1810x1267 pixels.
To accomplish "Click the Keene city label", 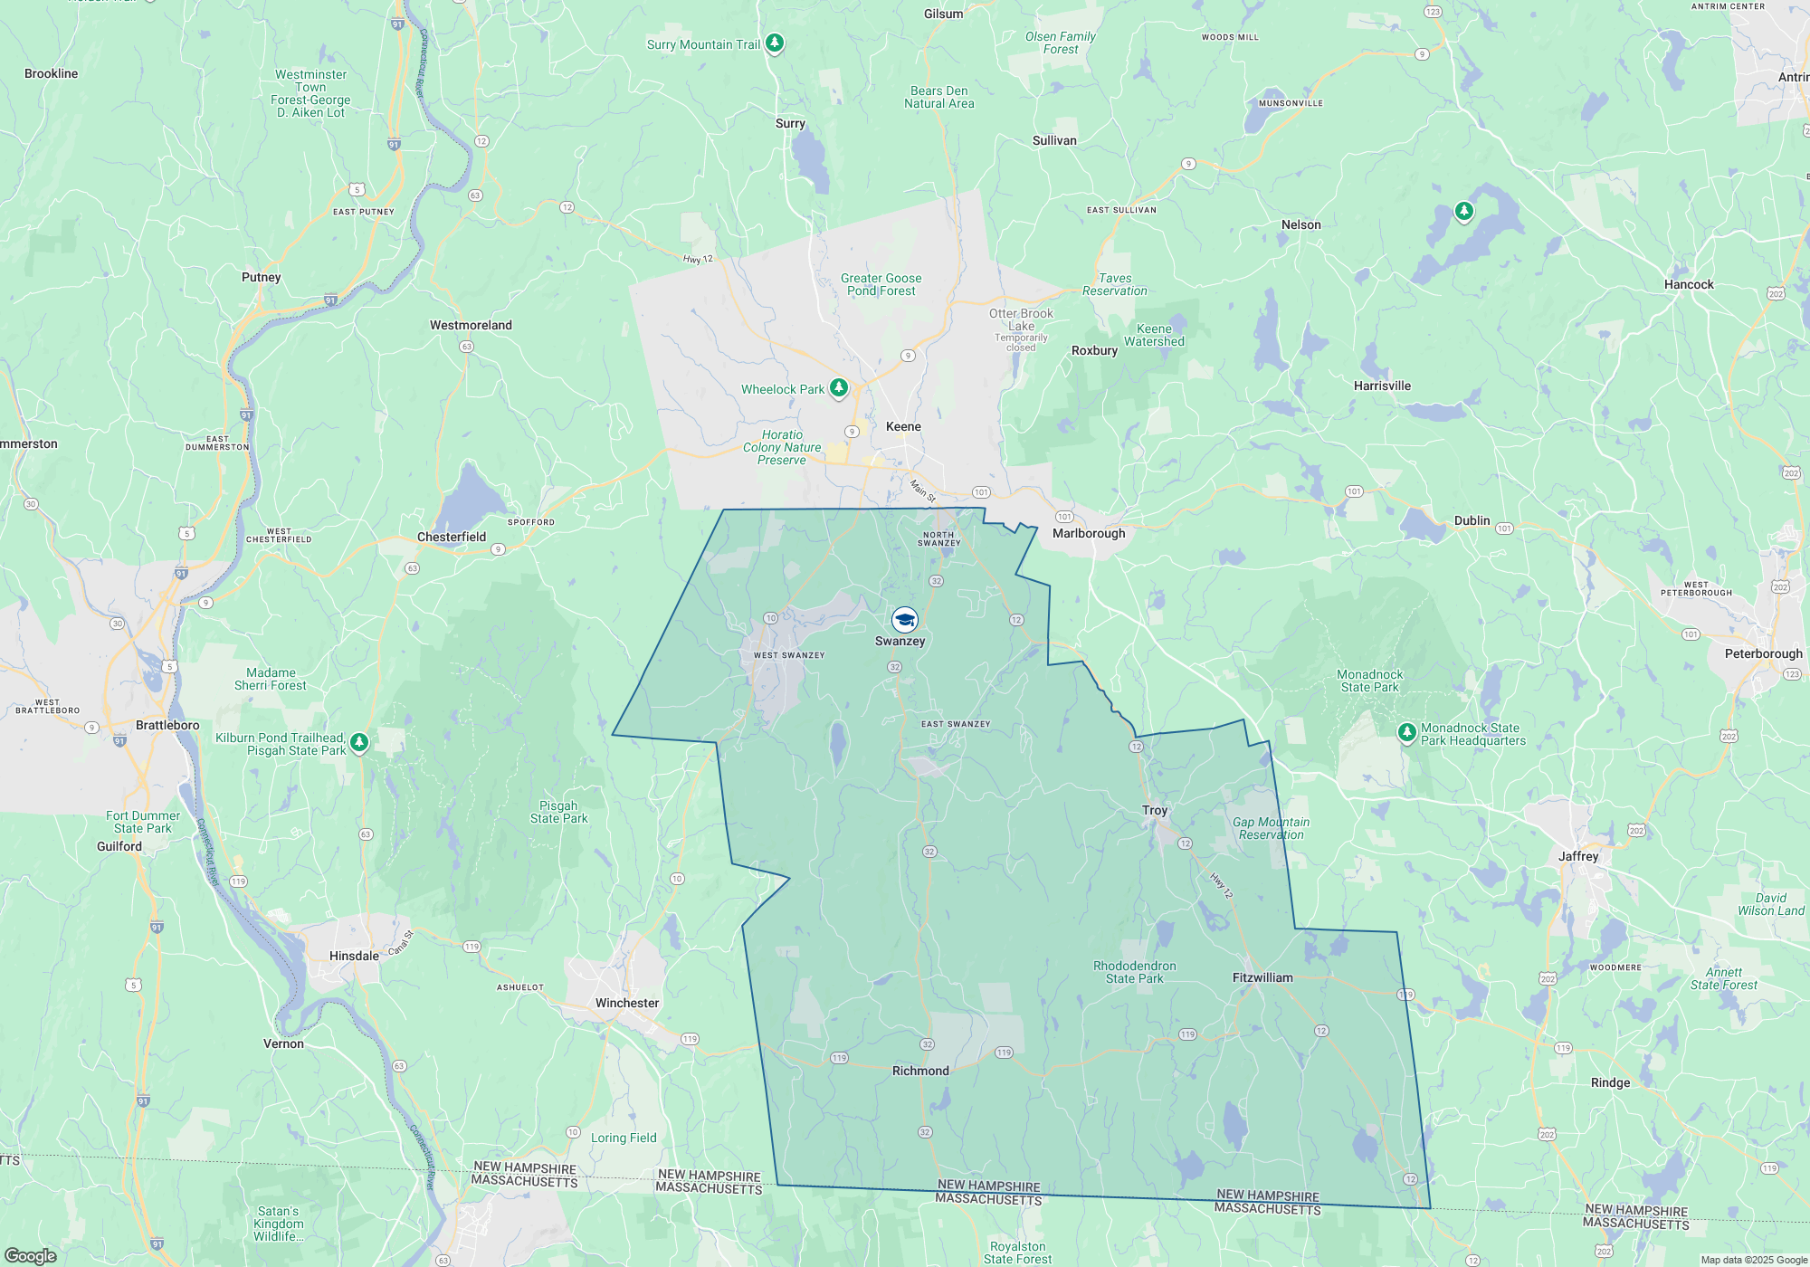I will tap(903, 426).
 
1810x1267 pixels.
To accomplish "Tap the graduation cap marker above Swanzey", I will tap(904, 620).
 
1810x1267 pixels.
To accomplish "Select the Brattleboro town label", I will tap(167, 725).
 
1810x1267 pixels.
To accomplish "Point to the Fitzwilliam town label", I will tap(1262, 977).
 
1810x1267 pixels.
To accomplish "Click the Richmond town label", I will tap(920, 1071).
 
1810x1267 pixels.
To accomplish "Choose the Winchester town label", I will tap(627, 1003).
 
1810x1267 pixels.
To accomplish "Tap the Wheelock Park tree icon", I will tap(839, 388).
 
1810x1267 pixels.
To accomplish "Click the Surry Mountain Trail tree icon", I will tap(774, 43).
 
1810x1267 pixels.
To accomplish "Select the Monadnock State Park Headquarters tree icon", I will tap(1406, 732).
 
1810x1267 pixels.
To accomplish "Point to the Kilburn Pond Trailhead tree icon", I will tap(359, 742).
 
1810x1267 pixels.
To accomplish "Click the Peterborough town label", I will tap(1763, 653).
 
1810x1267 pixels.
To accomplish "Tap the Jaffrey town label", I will tap(1578, 856).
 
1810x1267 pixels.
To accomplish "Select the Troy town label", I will tap(1155, 810).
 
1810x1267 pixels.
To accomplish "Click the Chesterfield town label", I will tap(452, 537).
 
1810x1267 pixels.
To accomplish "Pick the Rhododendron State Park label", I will tap(1134, 972).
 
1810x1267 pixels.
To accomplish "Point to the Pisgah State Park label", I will tap(558, 812).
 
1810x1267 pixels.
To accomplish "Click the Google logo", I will tap(31, 1255).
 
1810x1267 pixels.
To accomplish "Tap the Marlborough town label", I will tap(1089, 533).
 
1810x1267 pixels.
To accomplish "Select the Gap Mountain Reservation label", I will tap(1271, 828).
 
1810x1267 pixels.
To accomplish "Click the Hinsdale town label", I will tap(354, 956).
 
